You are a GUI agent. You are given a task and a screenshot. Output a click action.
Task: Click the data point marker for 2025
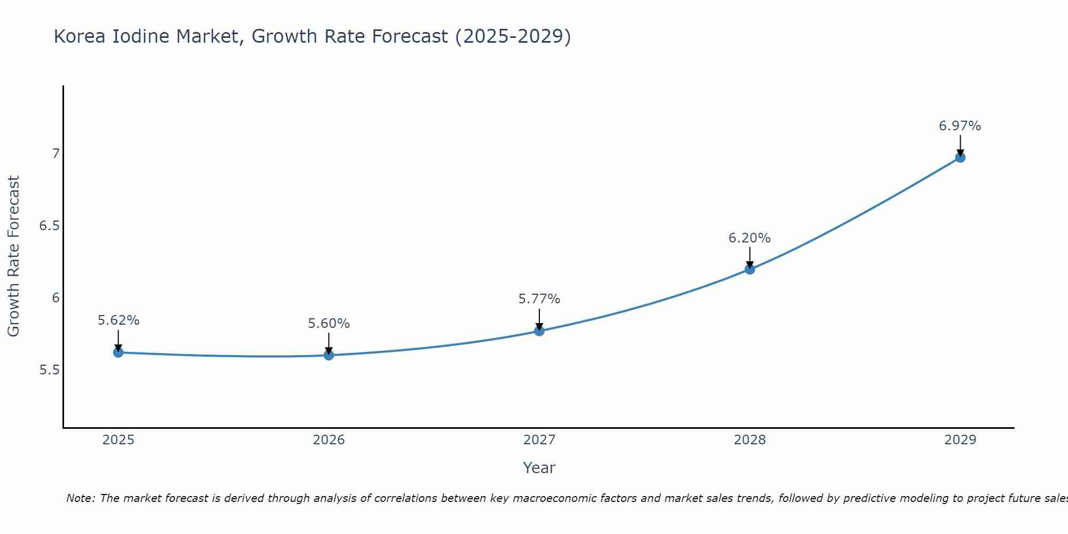click(x=118, y=352)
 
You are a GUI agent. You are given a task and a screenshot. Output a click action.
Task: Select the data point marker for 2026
click(x=328, y=355)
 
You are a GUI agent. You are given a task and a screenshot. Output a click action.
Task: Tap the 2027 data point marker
click(x=539, y=331)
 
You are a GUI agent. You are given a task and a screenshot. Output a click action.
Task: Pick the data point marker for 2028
click(x=749, y=269)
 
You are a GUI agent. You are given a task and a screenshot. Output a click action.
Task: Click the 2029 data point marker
click(x=960, y=158)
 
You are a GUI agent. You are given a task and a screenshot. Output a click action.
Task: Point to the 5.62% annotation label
click(x=118, y=320)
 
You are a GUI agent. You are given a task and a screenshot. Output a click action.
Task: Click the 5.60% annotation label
click(x=328, y=324)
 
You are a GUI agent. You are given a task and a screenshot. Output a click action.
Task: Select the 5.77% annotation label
click(x=539, y=299)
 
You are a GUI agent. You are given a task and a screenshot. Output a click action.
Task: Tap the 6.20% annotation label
click(x=749, y=238)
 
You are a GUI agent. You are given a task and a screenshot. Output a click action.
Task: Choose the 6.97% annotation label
click(x=960, y=126)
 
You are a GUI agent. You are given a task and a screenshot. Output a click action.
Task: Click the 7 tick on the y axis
click(x=56, y=154)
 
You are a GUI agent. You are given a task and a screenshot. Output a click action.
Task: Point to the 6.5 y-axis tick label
click(x=49, y=226)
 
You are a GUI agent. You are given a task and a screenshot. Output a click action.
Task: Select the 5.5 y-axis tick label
click(x=49, y=370)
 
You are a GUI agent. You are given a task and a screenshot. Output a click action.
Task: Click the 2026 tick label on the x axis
click(x=328, y=440)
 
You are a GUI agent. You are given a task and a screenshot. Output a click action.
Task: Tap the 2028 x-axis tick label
click(x=749, y=440)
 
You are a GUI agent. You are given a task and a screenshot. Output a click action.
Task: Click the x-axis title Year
click(x=539, y=468)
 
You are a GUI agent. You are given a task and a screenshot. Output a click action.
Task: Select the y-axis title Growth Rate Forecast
click(x=13, y=256)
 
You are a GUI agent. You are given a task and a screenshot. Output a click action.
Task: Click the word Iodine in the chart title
click(x=141, y=36)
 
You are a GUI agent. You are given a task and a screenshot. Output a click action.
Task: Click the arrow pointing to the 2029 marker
click(x=960, y=145)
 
